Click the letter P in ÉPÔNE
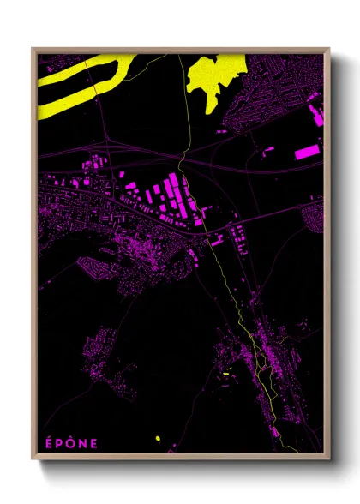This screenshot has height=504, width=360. pos(58,443)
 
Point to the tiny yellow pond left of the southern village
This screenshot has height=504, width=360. pos(225,375)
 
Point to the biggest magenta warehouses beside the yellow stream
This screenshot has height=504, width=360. pos(171,193)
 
